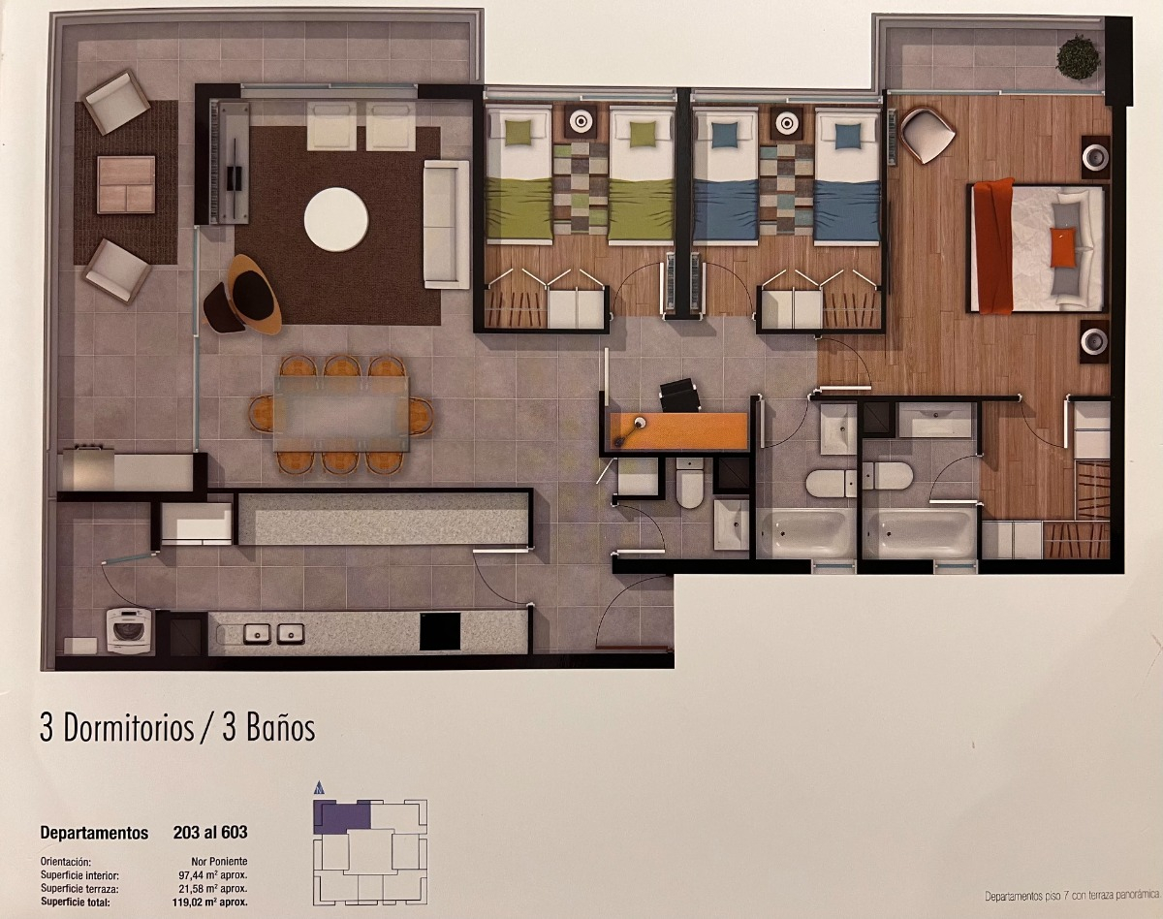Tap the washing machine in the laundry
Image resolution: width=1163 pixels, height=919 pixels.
[129, 630]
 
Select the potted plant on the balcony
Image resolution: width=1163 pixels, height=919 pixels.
[1078, 57]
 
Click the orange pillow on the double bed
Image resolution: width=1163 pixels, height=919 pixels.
[1062, 247]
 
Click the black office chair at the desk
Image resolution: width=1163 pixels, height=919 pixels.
[679, 395]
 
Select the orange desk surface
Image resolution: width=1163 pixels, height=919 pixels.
[678, 430]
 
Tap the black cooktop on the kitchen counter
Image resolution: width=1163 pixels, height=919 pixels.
[440, 631]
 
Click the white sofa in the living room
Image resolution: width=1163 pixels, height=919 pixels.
[446, 224]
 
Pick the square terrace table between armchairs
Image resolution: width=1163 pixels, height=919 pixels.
[126, 184]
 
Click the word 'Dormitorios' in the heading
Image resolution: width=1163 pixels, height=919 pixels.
[129, 729]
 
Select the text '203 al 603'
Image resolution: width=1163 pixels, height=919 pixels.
[210, 833]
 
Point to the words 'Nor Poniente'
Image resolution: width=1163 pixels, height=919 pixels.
[219, 861]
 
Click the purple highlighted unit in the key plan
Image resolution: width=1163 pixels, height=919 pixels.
[340, 816]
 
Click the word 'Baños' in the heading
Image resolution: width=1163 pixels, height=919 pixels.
[280, 729]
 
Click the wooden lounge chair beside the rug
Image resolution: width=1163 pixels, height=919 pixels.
[246, 295]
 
